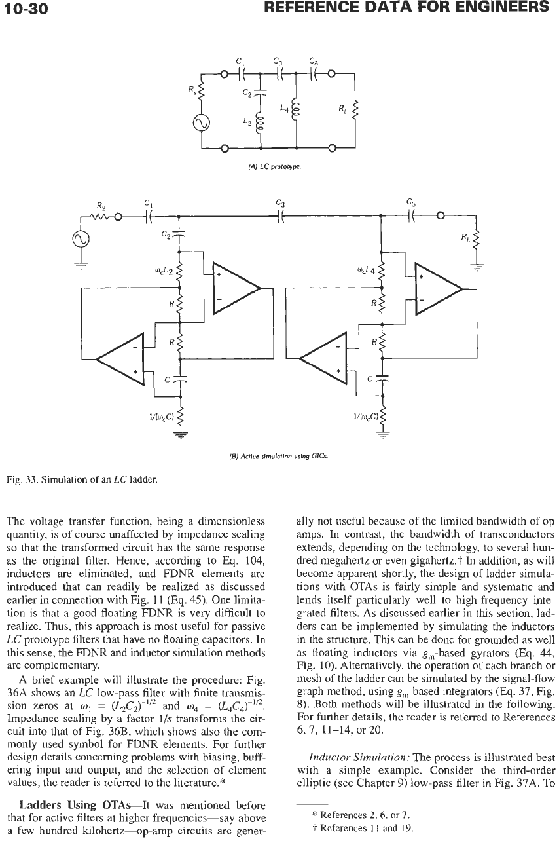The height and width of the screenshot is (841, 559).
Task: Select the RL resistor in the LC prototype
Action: pos(355,109)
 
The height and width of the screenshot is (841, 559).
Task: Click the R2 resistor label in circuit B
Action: pos(101,206)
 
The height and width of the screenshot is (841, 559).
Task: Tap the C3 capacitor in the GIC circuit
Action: pos(280,216)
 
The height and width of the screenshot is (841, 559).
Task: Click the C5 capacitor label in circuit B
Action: pos(411,203)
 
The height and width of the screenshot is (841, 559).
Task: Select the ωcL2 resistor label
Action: pos(163,272)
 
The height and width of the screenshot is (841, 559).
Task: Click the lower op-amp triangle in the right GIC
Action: pos(323,358)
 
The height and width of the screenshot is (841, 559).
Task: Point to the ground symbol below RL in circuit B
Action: pos(477,268)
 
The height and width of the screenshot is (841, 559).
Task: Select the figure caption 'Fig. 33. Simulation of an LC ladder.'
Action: pos(82,480)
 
